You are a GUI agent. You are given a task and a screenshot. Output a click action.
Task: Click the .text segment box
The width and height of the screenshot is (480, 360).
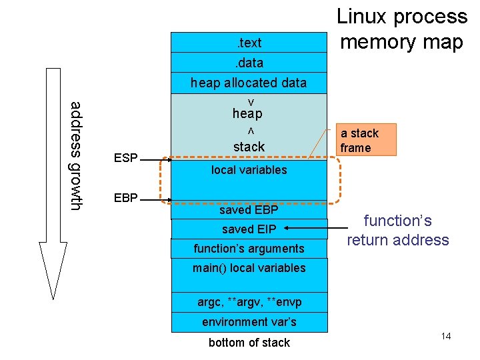click(x=249, y=43)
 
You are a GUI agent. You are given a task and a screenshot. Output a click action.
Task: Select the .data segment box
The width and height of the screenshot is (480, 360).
click(x=249, y=63)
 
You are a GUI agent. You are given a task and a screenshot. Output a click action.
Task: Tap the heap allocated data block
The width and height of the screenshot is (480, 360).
click(x=249, y=83)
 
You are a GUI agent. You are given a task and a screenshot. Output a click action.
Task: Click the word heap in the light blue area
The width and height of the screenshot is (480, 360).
click(x=247, y=114)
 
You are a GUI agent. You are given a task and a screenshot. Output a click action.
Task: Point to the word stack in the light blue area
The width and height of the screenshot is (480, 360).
click(x=249, y=147)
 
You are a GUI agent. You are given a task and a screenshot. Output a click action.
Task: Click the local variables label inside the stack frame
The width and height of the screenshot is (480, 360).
click(x=249, y=170)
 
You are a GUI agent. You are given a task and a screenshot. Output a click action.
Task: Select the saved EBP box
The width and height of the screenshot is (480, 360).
click(x=249, y=210)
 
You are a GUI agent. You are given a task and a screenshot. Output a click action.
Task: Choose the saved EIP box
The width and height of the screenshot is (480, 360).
click(x=249, y=229)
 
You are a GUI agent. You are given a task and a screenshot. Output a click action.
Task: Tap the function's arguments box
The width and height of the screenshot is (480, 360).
click(x=249, y=249)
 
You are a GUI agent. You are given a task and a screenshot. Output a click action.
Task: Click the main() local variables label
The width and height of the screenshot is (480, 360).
click(x=249, y=268)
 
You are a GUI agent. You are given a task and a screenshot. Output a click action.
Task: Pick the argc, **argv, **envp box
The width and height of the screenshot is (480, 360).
click(x=249, y=302)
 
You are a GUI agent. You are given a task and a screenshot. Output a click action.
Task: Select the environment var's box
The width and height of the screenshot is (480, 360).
click(x=249, y=322)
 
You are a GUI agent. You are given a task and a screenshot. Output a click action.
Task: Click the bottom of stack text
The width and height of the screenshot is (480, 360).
click(x=249, y=343)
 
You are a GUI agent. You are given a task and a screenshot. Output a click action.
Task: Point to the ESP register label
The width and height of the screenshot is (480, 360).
click(x=126, y=159)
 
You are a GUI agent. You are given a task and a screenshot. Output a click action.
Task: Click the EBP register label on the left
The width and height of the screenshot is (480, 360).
click(x=126, y=198)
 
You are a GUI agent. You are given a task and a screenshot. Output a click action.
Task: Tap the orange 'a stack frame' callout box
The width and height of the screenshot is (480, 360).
click(x=365, y=140)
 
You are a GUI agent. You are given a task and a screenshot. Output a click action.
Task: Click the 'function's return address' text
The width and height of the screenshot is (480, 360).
click(x=397, y=231)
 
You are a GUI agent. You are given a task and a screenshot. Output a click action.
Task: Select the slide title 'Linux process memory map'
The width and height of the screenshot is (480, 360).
click(x=401, y=29)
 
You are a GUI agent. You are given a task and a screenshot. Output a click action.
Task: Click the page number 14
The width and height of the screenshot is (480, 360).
click(x=445, y=336)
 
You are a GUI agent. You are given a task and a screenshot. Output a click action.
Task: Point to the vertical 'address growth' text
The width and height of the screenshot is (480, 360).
click(x=77, y=155)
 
